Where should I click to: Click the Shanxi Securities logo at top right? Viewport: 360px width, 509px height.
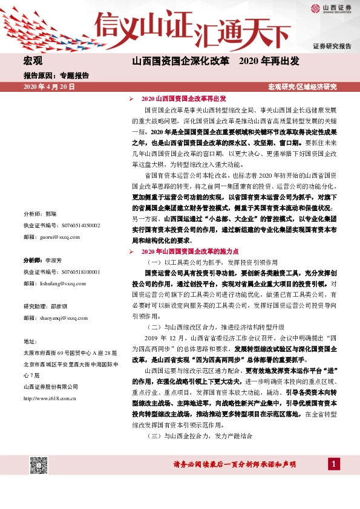331,8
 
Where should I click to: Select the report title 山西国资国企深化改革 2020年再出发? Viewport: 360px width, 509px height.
215,62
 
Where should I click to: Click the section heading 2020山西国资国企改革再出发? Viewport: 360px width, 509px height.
183,98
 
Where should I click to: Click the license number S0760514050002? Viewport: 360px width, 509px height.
62,225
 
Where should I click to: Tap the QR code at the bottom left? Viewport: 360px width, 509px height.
39,465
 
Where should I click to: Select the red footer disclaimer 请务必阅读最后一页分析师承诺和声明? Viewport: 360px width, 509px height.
234,464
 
